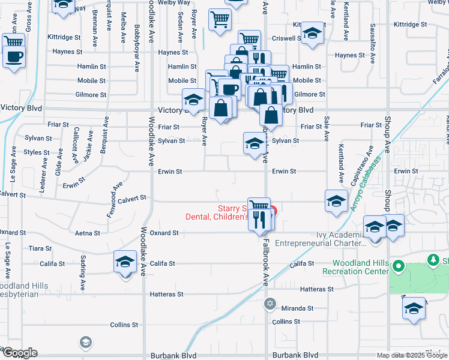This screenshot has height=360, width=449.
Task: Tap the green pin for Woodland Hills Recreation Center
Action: coord(399,265)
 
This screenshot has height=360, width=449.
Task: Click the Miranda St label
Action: coord(298,308)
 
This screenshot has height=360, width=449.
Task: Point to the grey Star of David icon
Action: coord(270,304)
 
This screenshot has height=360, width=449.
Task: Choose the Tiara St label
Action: coord(40,248)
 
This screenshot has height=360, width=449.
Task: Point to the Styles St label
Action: coord(37,152)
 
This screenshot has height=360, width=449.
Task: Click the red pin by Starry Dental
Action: coord(273,211)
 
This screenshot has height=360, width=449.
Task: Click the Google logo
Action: coord(19,353)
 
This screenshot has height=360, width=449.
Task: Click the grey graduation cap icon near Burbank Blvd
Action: coord(85,342)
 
